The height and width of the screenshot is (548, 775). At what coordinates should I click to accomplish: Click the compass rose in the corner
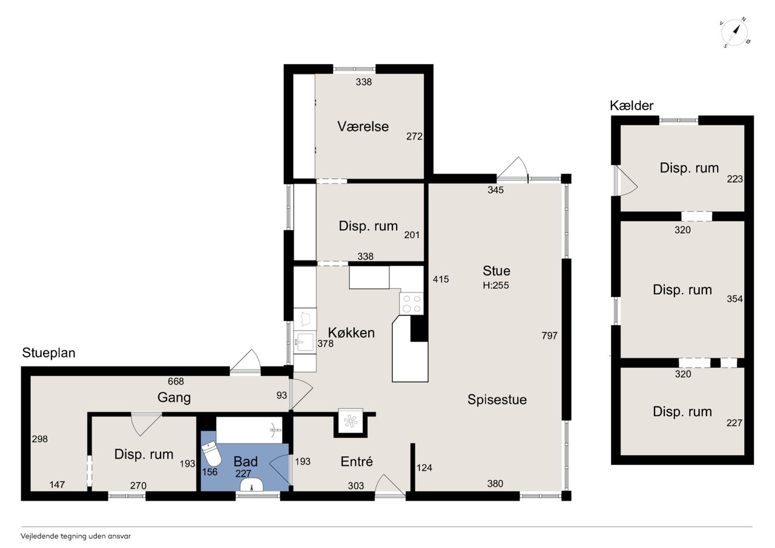click(x=735, y=33)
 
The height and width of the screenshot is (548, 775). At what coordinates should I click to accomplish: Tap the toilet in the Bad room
click(x=211, y=454)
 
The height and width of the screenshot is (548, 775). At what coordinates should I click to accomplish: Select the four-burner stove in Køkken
click(x=411, y=303)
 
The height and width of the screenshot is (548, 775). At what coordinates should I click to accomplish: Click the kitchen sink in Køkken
click(x=305, y=342)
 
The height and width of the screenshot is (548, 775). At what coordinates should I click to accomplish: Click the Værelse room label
click(x=363, y=127)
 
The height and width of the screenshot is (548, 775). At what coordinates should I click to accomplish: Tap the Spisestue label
click(x=497, y=400)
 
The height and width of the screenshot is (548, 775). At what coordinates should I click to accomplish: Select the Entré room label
click(x=357, y=461)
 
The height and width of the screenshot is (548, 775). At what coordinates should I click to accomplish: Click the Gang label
click(x=174, y=397)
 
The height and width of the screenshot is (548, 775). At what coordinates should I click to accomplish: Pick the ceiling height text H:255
click(x=496, y=285)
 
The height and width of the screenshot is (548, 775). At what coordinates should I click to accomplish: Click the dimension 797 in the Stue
click(x=549, y=335)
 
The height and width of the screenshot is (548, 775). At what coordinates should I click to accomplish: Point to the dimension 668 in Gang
click(x=176, y=381)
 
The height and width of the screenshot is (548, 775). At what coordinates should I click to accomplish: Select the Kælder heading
click(x=632, y=105)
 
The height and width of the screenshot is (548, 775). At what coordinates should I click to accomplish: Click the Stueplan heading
click(x=49, y=353)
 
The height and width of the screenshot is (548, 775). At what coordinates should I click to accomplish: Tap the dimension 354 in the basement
click(x=734, y=299)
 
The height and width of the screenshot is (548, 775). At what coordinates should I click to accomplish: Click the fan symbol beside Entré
click(x=350, y=421)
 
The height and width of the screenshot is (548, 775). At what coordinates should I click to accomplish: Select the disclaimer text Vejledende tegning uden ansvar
click(x=76, y=536)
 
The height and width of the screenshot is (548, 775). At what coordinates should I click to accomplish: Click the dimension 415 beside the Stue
click(x=441, y=279)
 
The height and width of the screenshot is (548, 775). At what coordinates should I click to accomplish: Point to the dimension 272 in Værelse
click(x=415, y=136)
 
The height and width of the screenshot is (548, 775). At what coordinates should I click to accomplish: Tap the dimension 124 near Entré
click(x=424, y=467)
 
